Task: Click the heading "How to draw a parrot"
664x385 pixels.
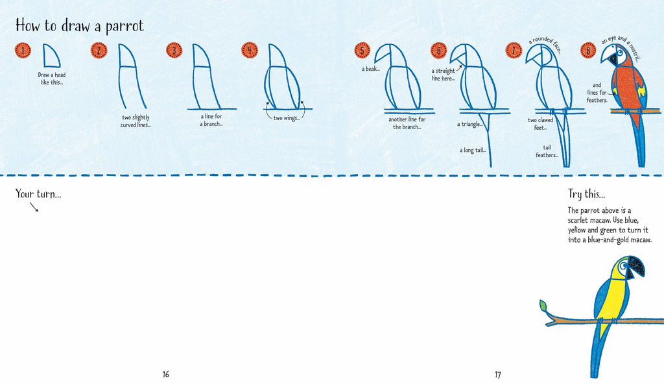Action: (x=79, y=26)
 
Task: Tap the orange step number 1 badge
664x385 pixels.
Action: (x=23, y=50)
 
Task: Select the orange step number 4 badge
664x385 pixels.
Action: (x=249, y=50)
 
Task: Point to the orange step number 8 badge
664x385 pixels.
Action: (x=588, y=50)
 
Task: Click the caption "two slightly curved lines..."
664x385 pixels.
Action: (x=136, y=121)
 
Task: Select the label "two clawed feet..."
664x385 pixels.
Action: (x=541, y=123)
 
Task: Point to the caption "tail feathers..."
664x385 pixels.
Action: (x=547, y=151)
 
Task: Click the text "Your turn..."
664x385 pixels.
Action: (x=38, y=193)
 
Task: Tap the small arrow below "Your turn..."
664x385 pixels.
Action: (x=34, y=207)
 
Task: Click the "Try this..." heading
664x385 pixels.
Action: (x=586, y=194)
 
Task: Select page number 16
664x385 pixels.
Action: (x=166, y=375)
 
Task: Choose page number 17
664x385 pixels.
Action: (x=498, y=375)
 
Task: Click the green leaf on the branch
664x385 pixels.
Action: (x=543, y=304)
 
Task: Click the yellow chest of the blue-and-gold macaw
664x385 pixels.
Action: (x=610, y=299)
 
